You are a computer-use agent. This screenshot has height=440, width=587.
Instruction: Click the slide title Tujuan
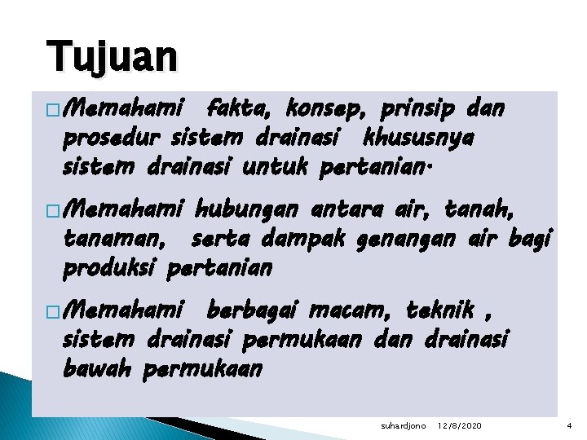point(112,56)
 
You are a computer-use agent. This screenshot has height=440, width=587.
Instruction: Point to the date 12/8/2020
point(458,426)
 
